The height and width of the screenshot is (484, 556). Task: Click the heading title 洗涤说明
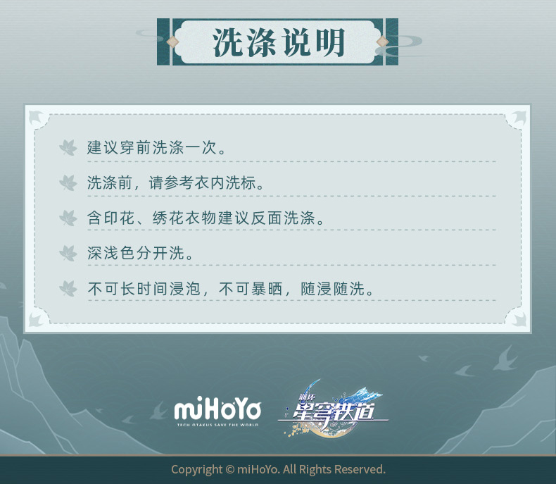coord(279,42)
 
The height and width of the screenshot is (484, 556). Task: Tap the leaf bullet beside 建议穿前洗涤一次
coord(68,148)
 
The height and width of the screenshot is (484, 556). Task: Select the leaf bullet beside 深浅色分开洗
coord(68,253)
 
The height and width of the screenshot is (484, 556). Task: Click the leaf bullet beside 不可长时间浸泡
coord(68,288)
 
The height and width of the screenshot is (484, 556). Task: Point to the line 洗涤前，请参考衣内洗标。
coord(175,182)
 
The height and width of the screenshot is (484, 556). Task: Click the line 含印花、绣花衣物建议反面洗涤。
coord(206,218)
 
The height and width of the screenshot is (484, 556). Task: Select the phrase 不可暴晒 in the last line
coord(251,289)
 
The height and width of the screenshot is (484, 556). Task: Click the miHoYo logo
coord(217,410)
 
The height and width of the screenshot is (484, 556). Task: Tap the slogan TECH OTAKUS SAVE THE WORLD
coord(217,425)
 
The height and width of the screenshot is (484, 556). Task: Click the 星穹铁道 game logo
coord(334,409)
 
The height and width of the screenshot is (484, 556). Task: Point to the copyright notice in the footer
coord(278,469)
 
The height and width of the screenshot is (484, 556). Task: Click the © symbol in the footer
coord(230,470)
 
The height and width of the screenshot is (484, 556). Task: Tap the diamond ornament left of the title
coord(172,42)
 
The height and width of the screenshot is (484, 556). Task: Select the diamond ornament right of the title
coord(383,42)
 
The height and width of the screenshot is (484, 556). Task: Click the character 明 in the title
coord(331,42)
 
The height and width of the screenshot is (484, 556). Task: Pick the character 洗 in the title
coord(227,42)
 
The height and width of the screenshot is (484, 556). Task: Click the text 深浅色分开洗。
coord(140,253)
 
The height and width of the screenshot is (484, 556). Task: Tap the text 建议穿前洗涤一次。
coord(156,148)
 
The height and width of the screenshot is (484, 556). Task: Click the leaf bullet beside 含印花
coord(68,218)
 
